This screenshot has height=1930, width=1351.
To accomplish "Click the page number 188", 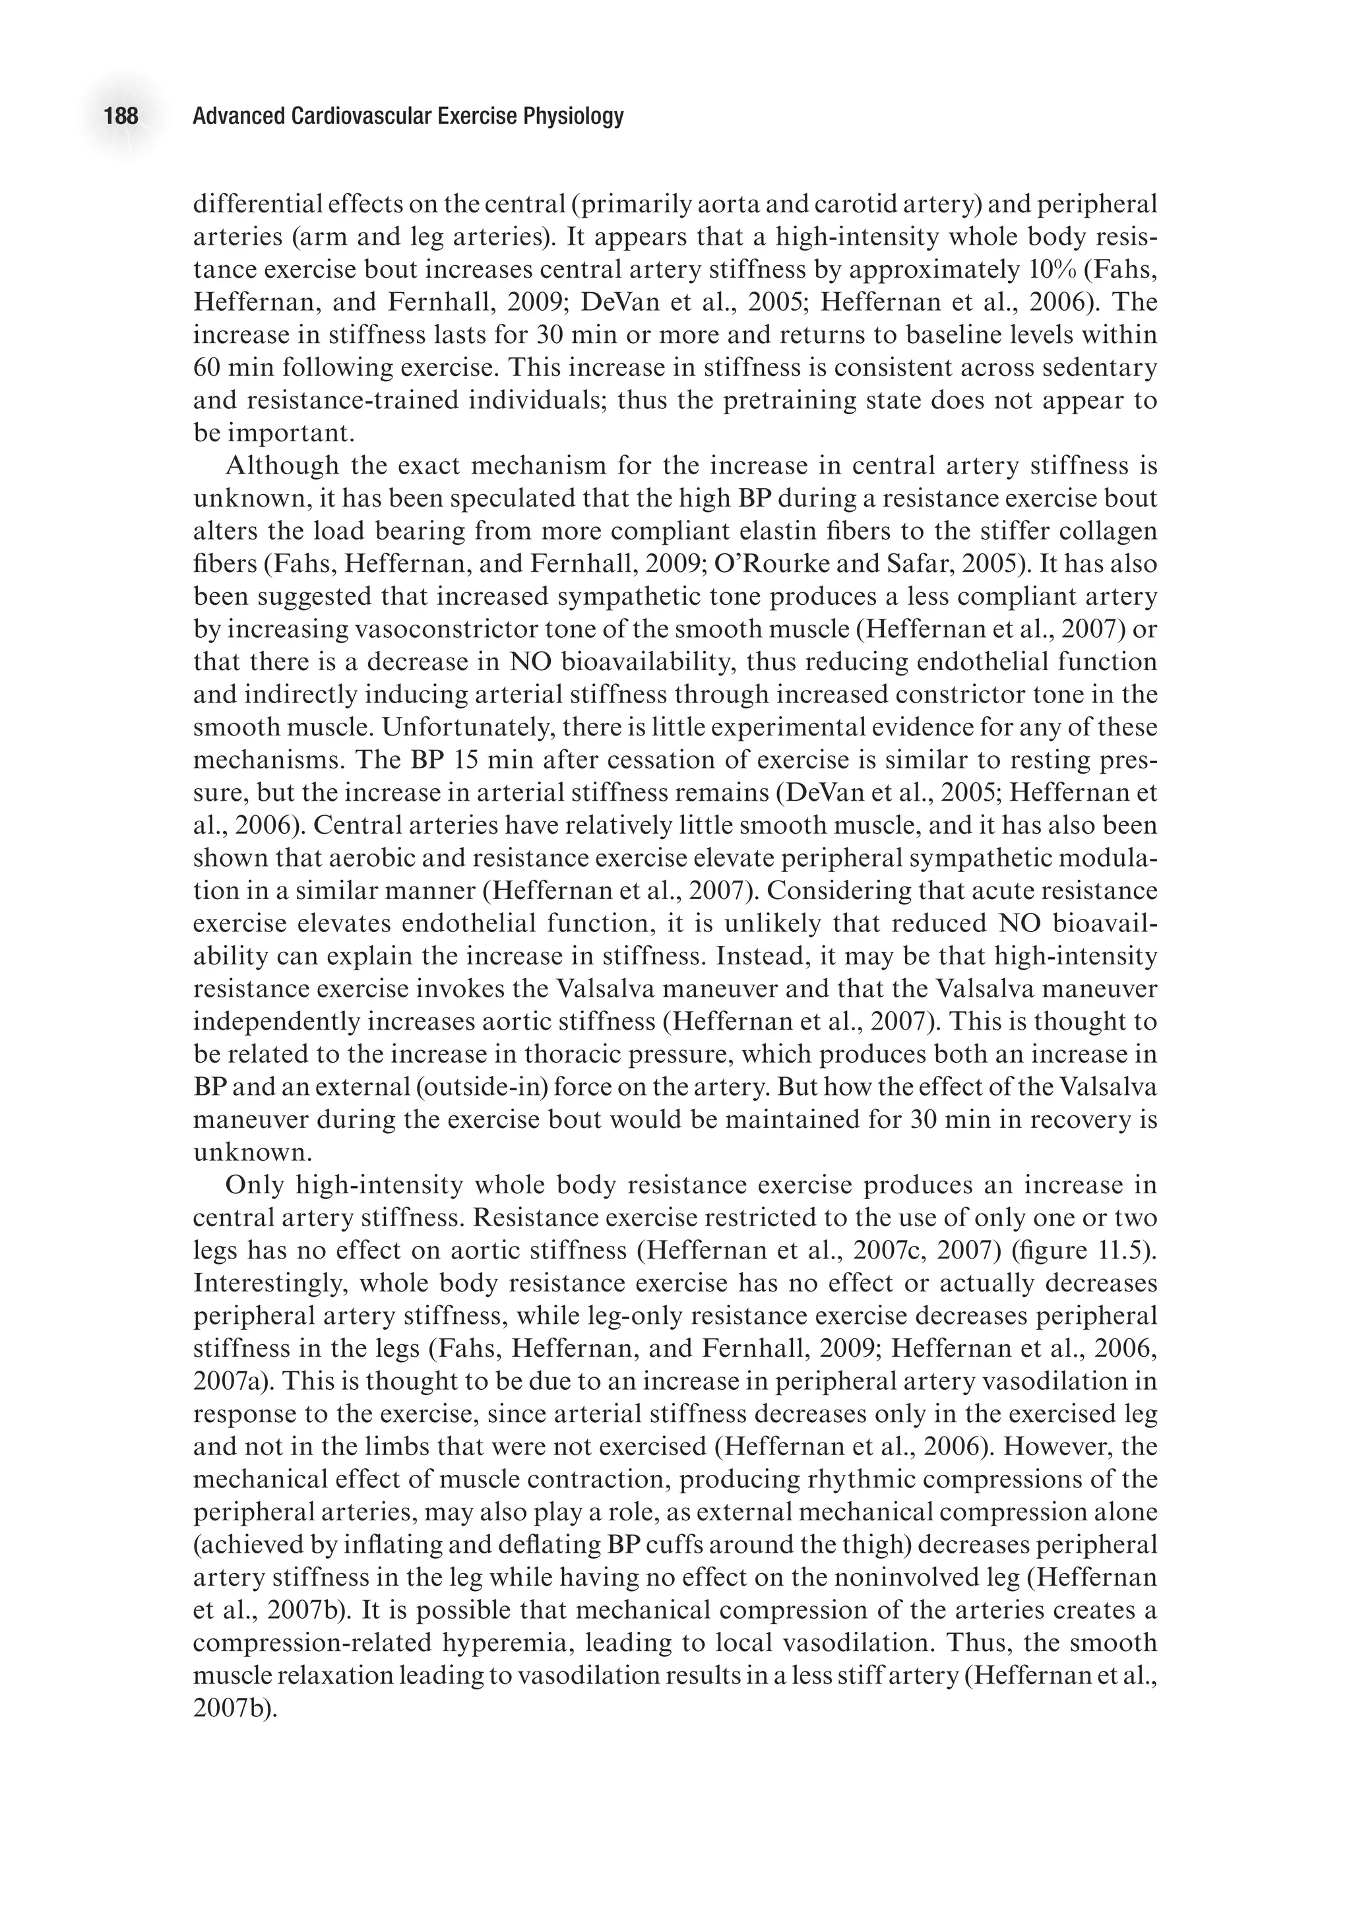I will tap(121, 116).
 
